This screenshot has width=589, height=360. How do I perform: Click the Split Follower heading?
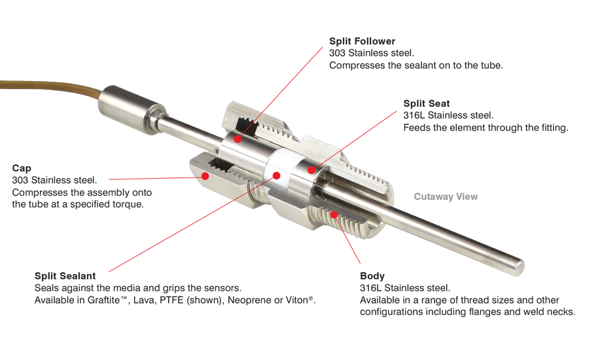click(x=362, y=41)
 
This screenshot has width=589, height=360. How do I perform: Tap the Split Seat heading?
click(x=426, y=103)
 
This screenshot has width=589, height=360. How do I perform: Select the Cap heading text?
click(x=22, y=168)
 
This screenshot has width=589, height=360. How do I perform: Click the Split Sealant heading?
click(x=65, y=276)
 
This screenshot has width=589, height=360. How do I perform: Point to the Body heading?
click(x=372, y=276)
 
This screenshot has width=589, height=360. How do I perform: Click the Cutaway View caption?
click(x=446, y=196)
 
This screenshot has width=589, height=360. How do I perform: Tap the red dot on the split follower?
click(x=238, y=139)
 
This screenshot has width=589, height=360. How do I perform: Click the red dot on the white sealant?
click(x=276, y=175)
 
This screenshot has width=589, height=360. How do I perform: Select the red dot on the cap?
click(x=205, y=176)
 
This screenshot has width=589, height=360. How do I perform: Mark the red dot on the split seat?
click(x=311, y=170)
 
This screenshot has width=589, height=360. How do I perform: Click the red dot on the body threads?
click(x=334, y=215)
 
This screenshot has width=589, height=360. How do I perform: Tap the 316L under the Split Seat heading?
click(x=414, y=115)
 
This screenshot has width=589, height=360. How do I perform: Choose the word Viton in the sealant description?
click(x=297, y=300)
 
